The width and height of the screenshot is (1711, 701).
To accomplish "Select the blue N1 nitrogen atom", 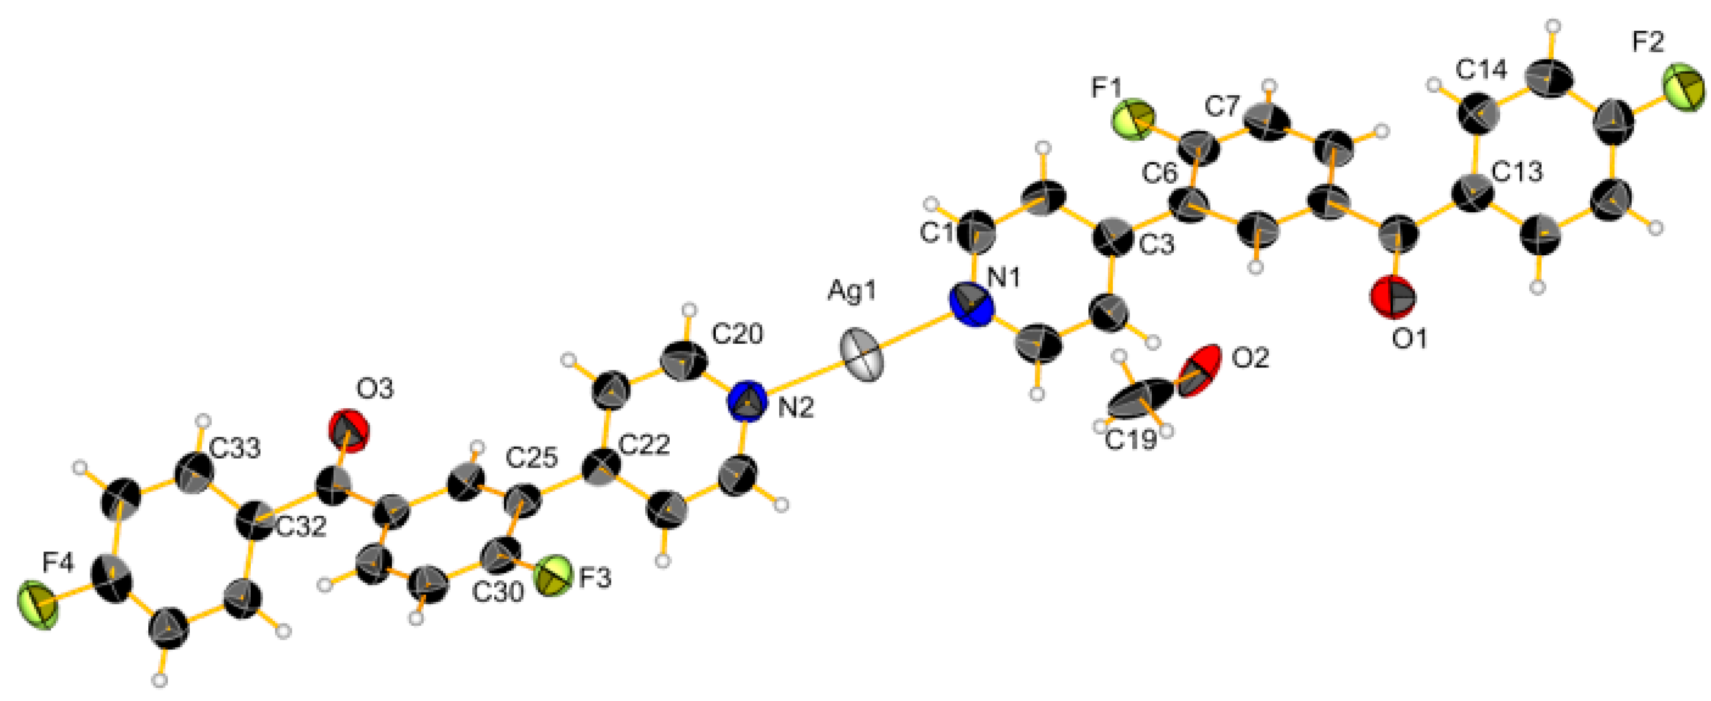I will click(x=972, y=305).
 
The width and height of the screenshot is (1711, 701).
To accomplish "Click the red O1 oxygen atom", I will click(x=1393, y=299).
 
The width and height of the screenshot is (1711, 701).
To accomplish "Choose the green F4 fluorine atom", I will click(x=38, y=605).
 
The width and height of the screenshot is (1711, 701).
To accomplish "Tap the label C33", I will click(x=235, y=449).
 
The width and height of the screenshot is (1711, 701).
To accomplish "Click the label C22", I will click(x=644, y=444).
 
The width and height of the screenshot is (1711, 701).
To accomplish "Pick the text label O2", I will click(x=1250, y=359).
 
